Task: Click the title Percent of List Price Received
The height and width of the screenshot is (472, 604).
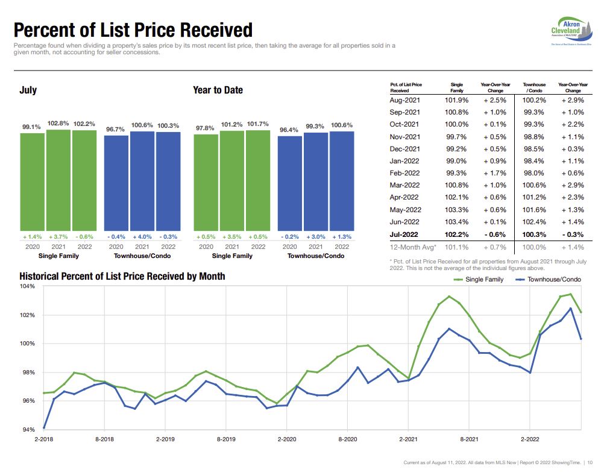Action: click(133, 30)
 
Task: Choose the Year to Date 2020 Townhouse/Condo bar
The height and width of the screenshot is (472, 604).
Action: click(289, 183)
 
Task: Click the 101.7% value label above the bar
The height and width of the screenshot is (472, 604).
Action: click(258, 124)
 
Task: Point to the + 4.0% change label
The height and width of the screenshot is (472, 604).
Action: click(142, 237)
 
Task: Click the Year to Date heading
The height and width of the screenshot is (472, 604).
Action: click(218, 90)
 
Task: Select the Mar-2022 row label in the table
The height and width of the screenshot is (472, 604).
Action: click(404, 185)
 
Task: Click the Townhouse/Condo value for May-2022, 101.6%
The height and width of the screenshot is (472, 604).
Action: click(533, 210)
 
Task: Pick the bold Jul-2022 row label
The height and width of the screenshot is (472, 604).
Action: click(404, 234)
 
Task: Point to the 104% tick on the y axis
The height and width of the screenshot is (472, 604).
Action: click(28, 287)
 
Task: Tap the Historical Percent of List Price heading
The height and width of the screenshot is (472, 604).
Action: click(122, 276)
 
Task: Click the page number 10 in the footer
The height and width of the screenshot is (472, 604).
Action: click(590, 462)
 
